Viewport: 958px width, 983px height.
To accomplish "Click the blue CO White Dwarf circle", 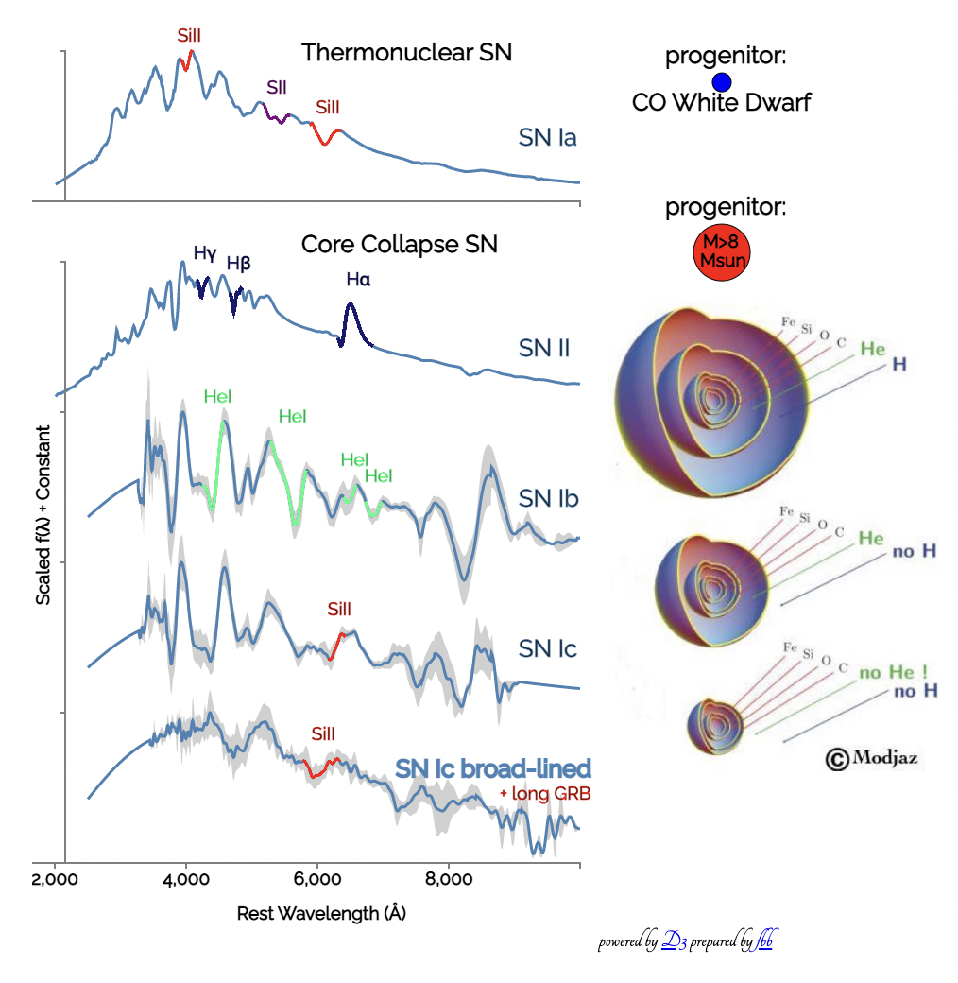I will pos(722,82).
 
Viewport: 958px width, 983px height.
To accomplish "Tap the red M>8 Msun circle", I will pos(721,252).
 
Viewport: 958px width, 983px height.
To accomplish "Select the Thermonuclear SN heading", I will pos(406,52).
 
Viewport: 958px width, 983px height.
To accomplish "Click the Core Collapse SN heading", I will pos(399,245).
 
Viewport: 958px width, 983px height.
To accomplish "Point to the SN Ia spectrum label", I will pos(548,138).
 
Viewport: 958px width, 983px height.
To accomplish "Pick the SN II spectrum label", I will pos(543,348).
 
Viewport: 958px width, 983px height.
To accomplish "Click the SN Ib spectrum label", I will pos(548,499).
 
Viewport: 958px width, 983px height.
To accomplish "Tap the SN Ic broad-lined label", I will pos(493,769).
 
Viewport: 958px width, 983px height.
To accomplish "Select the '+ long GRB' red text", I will pos(544,794).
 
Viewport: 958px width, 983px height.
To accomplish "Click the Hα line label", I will pos(358,280).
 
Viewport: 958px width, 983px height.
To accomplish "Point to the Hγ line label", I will pos(205,253).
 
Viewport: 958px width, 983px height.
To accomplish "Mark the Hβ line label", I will pos(238,264).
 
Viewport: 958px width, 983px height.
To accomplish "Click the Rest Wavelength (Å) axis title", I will pos(321,914).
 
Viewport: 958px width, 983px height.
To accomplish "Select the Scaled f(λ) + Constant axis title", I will pos(43,516).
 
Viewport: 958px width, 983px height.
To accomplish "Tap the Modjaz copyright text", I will pos(872,757).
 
